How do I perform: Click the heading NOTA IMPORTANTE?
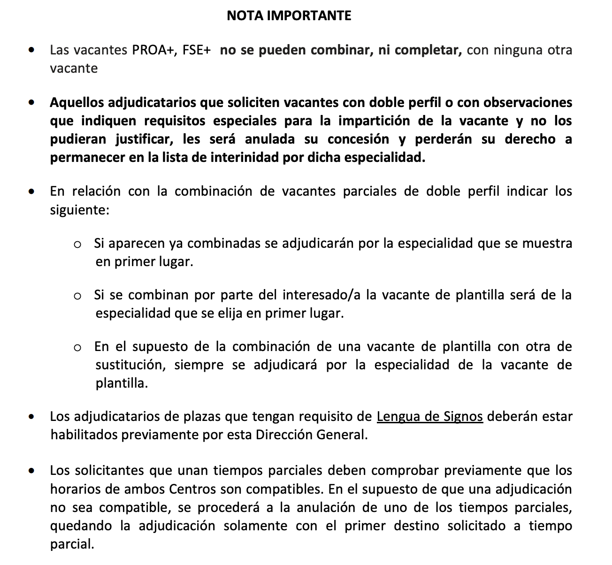pyautogui.click(x=289, y=16)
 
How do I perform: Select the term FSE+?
pyautogui.click(x=196, y=50)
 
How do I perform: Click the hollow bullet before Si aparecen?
pyautogui.click(x=78, y=244)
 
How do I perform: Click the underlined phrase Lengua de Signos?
pyautogui.click(x=429, y=416)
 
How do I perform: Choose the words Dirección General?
pyautogui.click(x=310, y=435)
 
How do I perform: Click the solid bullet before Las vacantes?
pyautogui.click(x=31, y=49)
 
